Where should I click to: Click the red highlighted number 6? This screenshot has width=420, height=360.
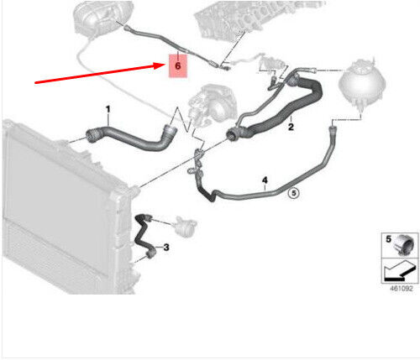point(177,66)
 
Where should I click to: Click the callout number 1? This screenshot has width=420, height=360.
point(108,109)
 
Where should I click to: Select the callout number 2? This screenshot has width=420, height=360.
point(291,127)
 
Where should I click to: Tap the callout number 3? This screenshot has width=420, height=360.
point(166,248)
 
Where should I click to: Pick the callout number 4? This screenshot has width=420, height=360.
point(265,180)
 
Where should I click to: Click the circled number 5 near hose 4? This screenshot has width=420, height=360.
point(294,193)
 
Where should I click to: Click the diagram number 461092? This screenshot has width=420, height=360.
point(402,289)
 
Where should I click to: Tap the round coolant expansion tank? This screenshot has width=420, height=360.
point(362,83)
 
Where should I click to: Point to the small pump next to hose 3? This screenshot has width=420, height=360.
point(184,226)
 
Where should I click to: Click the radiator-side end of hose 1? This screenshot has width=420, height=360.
point(91,134)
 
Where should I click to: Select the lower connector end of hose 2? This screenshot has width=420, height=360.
point(234,133)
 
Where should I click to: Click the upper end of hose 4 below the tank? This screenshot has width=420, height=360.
point(332,129)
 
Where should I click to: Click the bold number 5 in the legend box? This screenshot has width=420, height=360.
point(388,239)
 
